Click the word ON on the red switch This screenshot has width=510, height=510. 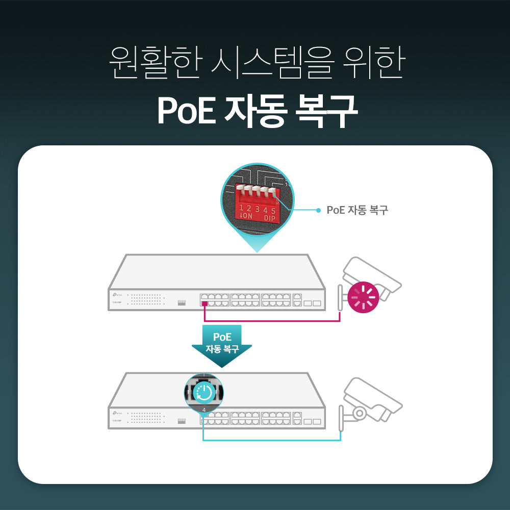point(247,216)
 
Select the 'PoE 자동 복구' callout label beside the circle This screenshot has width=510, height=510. point(357,210)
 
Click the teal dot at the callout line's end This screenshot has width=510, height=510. point(319,210)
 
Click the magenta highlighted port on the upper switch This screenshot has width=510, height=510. point(204,303)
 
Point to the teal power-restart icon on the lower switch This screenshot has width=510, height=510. point(204,392)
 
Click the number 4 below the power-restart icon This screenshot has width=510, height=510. point(204,410)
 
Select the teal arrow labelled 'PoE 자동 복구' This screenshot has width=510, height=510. point(222,346)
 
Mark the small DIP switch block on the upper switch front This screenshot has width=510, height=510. point(182,303)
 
